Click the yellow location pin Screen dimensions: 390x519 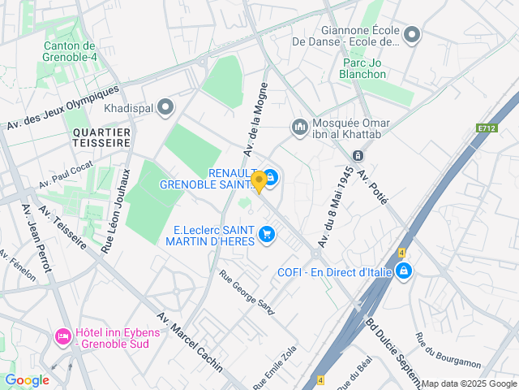pos(259,181)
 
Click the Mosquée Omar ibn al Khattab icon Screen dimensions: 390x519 pos(300,126)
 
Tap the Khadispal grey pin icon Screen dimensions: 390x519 pos(166,106)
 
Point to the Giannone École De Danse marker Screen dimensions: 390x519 pos(413,35)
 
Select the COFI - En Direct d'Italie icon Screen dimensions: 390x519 pos(403,272)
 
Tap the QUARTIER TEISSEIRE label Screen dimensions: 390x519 pos(101,136)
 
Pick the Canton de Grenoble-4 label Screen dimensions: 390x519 pos(70,51)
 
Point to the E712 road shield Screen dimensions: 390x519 pos(487,128)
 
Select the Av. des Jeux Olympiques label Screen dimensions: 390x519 pos(63,106)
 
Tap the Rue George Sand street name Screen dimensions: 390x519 pos(247,289)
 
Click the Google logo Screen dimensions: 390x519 pos(27,380)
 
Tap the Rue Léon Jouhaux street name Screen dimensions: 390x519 pos(116,210)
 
